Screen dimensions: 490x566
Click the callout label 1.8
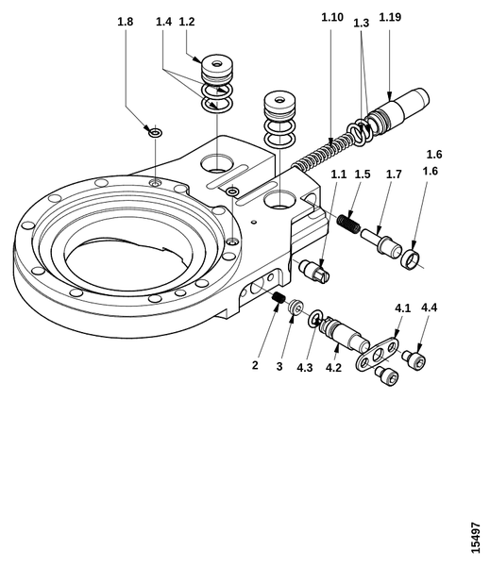point(126,22)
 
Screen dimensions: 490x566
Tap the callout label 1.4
point(163,22)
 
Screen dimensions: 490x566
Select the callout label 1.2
point(187,22)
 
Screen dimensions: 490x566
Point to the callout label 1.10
point(332,17)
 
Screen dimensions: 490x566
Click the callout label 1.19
point(390,17)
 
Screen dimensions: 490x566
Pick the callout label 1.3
point(361,23)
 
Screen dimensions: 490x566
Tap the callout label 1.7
point(394,175)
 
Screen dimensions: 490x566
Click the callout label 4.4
point(429,308)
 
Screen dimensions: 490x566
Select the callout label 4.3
point(305,368)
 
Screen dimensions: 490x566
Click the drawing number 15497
point(476,538)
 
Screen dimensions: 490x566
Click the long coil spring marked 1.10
point(322,153)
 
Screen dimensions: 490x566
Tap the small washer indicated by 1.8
point(156,133)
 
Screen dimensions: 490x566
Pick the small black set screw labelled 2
point(279,297)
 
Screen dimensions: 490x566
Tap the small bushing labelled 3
point(296,307)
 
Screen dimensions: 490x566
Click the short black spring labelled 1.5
point(348,224)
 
